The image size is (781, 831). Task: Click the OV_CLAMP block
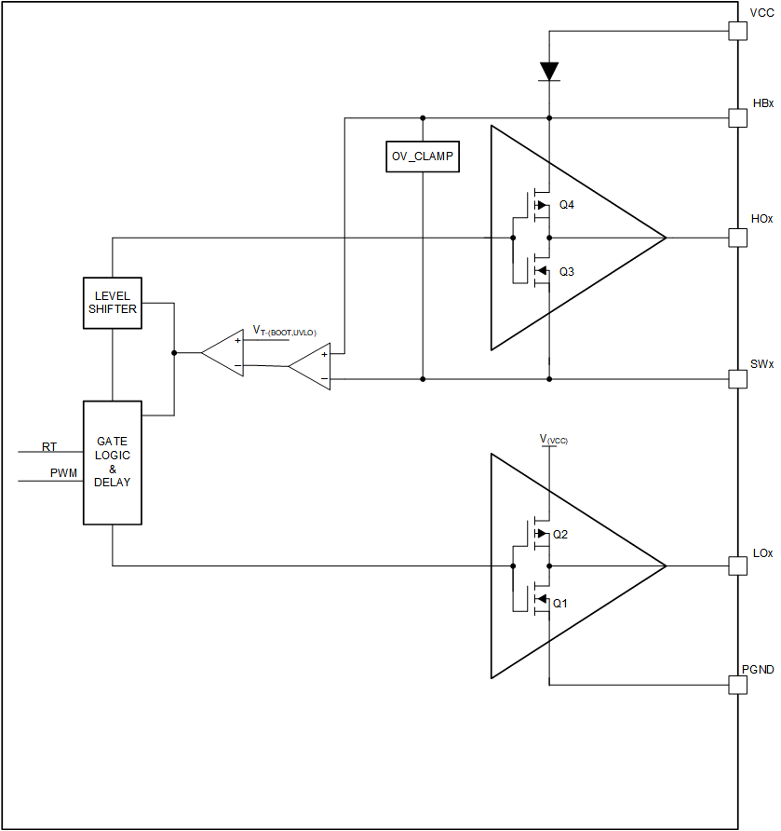[x=423, y=157]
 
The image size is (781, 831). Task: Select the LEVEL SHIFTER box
[x=113, y=303]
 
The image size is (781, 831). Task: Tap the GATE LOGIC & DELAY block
[x=113, y=463]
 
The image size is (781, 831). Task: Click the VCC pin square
[x=737, y=31]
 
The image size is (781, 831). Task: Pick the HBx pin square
[x=737, y=118]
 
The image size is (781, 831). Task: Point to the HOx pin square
[x=737, y=238]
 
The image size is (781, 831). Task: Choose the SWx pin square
[x=737, y=379]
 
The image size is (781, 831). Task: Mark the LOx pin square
[x=737, y=565]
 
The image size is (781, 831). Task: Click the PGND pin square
[x=737, y=685]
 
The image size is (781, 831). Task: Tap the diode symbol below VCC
[x=549, y=71]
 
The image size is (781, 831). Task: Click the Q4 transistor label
[x=566, y=205]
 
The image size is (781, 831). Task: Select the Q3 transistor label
[x=566, y=272]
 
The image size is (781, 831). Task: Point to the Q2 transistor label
[x=560, y=535]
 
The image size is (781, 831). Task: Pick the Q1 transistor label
[x=560, y=603]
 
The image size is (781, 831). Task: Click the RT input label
[x=49, y=447]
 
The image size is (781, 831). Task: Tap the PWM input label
[x=63, y=473]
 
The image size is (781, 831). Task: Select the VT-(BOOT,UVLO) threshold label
[x=285, y=332]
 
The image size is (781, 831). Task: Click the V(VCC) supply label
[x=554, y=438]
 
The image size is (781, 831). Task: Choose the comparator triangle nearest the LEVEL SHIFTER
[x=223, y=353]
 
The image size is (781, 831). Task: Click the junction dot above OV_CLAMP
[x=423, y=118]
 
